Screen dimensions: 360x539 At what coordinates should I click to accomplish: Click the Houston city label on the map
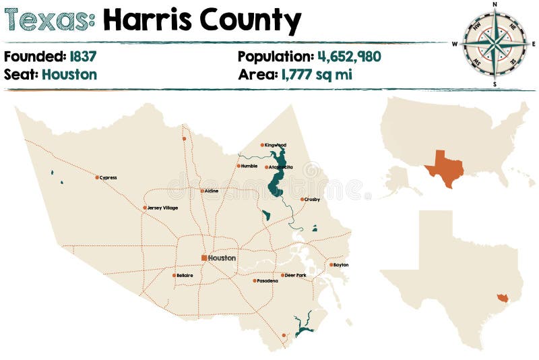[222, 258]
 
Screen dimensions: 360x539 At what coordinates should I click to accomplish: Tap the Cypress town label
[108, 178]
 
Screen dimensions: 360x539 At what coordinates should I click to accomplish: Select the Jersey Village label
[162, 208]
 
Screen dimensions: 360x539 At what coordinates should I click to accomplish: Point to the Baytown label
[341, 265]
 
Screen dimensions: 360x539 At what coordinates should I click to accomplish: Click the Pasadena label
[267, 280]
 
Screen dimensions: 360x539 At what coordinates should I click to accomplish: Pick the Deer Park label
[295, 275]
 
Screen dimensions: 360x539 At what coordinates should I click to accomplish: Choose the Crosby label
[312, 200]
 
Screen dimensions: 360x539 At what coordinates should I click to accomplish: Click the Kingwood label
[276, 145]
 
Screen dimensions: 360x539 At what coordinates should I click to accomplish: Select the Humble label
[249, 166]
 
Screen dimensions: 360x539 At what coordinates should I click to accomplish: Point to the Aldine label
[212, 191]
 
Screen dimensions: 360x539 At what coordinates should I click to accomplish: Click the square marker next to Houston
[204, 258]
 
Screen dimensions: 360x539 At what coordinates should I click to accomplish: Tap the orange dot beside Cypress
[97, 178]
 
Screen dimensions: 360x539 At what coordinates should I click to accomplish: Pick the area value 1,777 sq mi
[315, 74]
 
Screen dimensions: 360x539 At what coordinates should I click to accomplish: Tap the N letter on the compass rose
[495, 4]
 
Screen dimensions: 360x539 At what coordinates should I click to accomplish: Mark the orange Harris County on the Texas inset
[500, 298]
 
